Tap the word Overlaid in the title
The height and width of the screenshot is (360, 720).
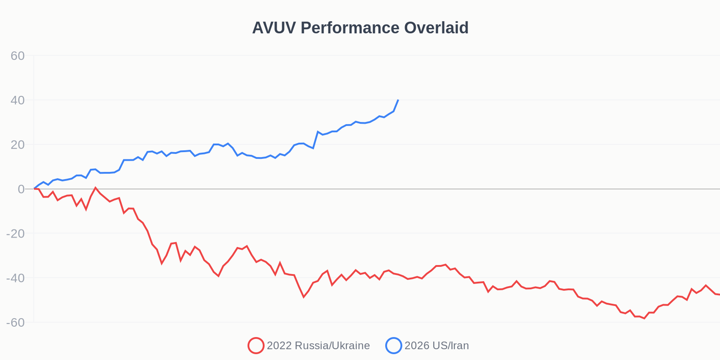click(x=436, y=28)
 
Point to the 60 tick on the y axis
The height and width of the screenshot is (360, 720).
click(x=18, y=56)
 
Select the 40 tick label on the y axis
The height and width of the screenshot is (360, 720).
click(x=18, y=100)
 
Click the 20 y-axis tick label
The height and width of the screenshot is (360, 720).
click(x=18, y=145)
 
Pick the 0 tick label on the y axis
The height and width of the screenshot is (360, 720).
click(x=21, y=189)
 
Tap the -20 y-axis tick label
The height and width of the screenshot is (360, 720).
click(x=15, y=234)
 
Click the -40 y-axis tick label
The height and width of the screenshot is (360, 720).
click(x=15, y=278)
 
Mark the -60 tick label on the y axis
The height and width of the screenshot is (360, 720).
click(x=15, y=323)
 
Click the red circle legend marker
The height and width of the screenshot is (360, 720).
click(x=256, y=346)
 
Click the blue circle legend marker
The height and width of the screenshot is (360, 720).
click(x=393, y=346)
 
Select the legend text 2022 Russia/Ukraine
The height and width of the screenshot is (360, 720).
click(x=318, y=346)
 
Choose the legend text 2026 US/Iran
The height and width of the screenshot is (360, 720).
click(x=436, y=346)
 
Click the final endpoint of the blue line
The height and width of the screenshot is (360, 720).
click(x=398, y=100)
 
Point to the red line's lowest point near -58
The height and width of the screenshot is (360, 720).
click(x=644, y=318)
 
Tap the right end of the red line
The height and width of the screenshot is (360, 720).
click(x=719, y=294)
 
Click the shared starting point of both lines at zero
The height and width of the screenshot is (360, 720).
click(x=34, y=189)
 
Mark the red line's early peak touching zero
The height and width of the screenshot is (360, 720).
click(x=95, y=188)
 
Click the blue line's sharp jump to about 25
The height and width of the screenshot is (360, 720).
click(x=318, y=132)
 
